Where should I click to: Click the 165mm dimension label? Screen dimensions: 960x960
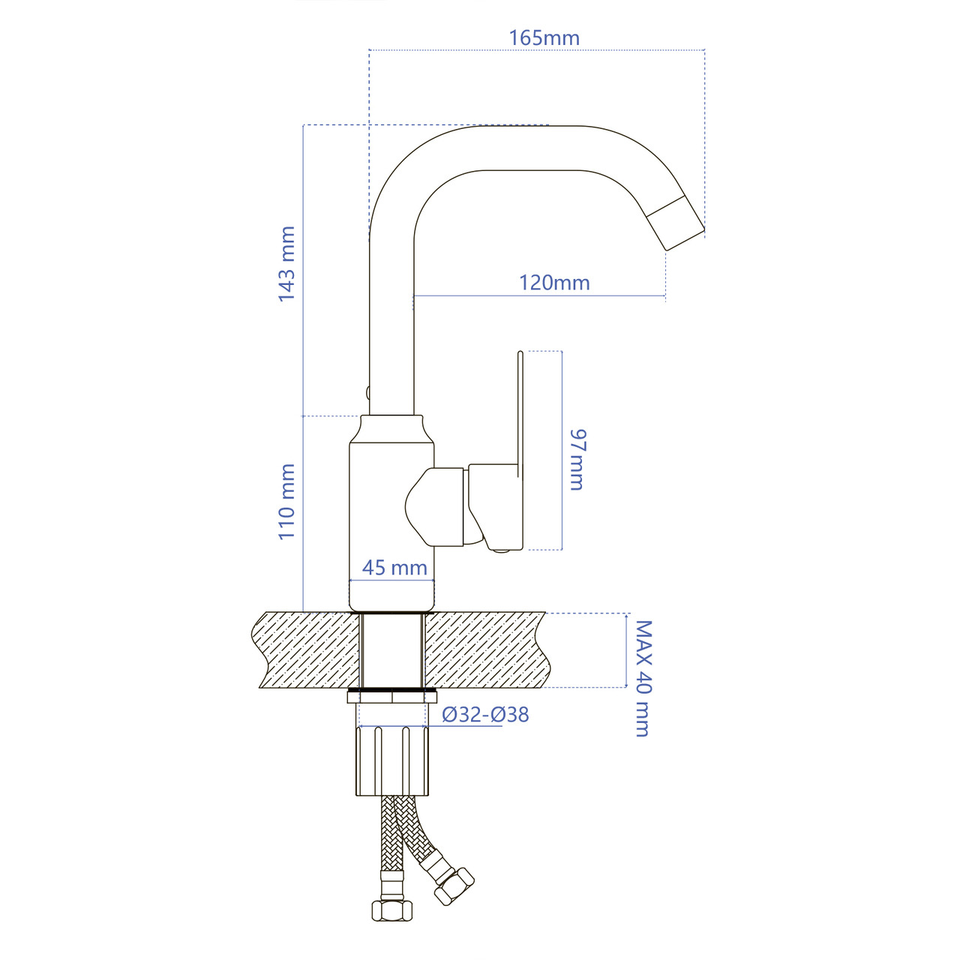[544, 38]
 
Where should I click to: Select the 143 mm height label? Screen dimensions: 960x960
[287, 263]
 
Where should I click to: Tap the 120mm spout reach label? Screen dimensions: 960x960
[554, 283]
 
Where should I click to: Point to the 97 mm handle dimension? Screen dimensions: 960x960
[577, 459]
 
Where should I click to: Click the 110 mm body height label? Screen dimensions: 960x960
[287, 501]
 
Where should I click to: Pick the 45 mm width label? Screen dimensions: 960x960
[394, 568]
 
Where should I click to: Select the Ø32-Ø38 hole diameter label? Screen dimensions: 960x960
[485, 715]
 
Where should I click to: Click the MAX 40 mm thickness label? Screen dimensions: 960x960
[643, 679]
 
